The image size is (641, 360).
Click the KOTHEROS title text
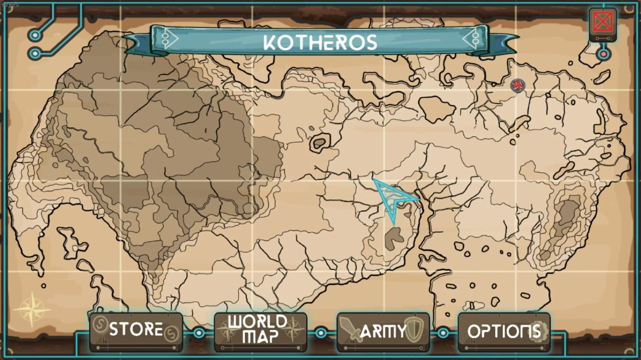coord(320,42)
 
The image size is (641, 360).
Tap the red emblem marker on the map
coord(517,86)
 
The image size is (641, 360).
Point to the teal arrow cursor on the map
coord(394,199)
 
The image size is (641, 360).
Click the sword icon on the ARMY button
coord(350,329)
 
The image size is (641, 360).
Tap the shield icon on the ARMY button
coord(414,329)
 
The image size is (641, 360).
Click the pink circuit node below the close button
coord(604,54)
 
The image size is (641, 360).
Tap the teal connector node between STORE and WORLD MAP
coord(199,333)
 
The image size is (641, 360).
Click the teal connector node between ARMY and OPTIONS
coord(443,333)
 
